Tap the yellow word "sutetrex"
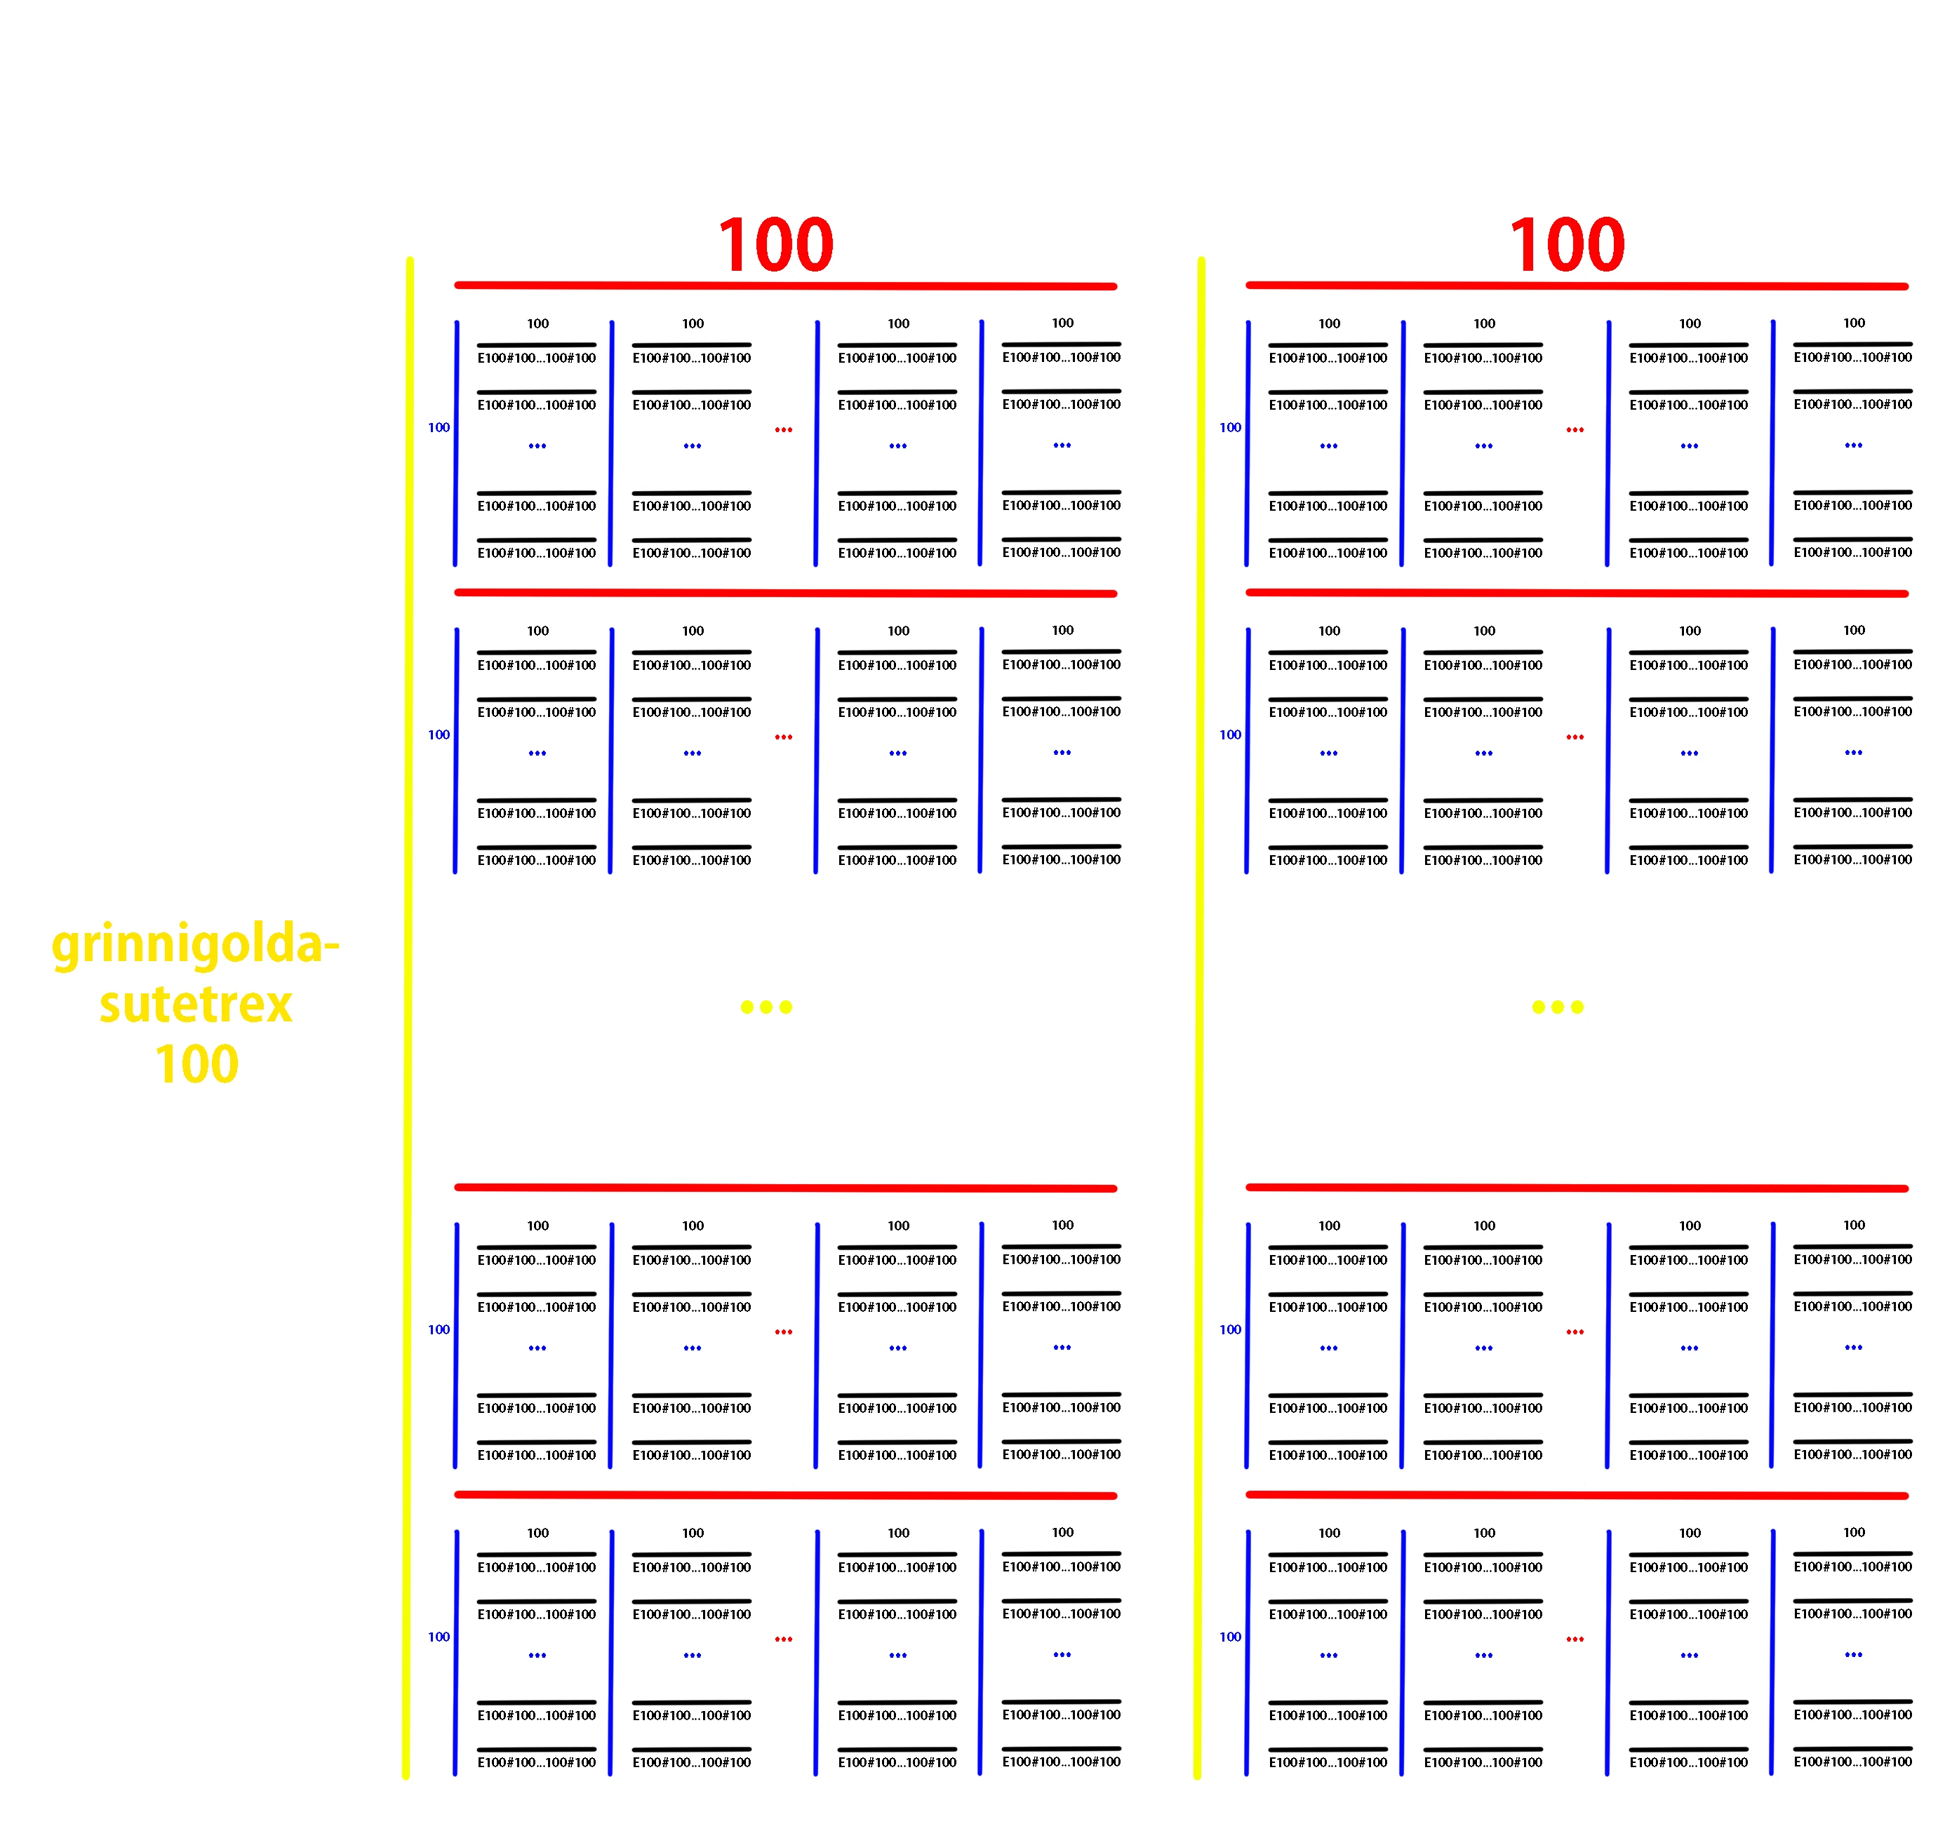click(x=196, y=1005)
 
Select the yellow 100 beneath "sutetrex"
click(x=196, y=1064)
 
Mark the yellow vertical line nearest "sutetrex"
click(x=407, y=1018)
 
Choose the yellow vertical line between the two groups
click(x=1198, y=1018)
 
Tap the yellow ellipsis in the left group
click(x=766, y=1007)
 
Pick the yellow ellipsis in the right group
click(x=1558, y=1007)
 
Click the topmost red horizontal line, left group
click(x=786, y=286)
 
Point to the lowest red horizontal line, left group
click(x=786, y=1494)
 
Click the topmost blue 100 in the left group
click(x=439, y=427)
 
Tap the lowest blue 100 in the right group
click(x=1231, y=1637)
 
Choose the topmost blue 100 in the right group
click(x=1231, y=427)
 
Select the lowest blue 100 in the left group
click(x=439, y=1637)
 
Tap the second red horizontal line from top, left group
click(x=786, y=593)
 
